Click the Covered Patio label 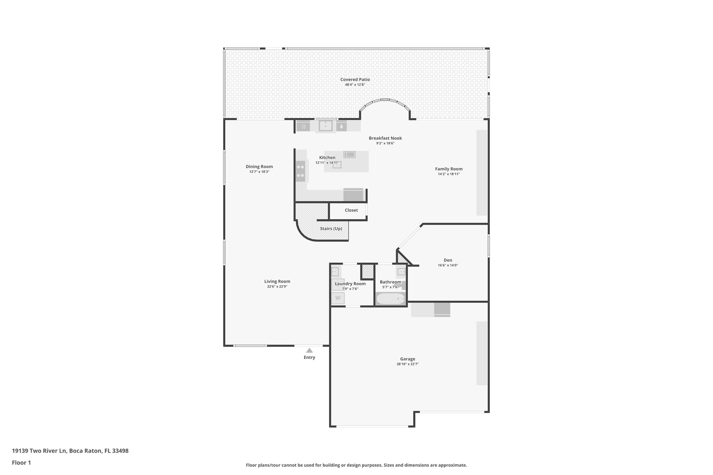[355, 80]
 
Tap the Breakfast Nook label [385, 138]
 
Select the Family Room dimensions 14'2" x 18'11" [449, 174]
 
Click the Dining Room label [259, 167]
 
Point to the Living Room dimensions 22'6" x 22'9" [277, 287]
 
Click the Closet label [351, 210]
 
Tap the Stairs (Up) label [331, 229]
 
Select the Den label [448, 260]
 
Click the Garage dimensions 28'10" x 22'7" [407, 364]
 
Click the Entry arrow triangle [309, 350]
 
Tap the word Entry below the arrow [309, 357]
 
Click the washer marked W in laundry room [338, 298]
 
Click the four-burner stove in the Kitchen [300, 171]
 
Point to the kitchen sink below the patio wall [326, 126]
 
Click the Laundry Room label [350, 284]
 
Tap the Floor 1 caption [21, 463]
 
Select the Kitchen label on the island [327, 158]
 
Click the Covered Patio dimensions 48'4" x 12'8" [355, 85]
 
